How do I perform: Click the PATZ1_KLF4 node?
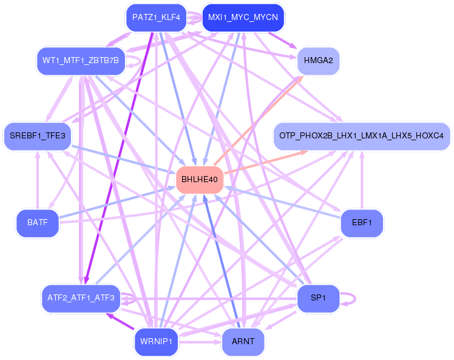click(156, 18)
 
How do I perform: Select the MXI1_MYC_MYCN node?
click(243, 18)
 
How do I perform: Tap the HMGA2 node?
click(318, 61)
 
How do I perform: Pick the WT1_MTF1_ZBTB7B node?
click(81, 61)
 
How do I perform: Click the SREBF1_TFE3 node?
click(38, 136)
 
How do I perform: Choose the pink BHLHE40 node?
click(200, 180)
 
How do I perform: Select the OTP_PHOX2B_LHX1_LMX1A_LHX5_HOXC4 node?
click(362, 136)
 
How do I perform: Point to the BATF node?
click(38, 223)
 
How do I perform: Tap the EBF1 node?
click(362, 223)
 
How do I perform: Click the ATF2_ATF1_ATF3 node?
click(81, 298)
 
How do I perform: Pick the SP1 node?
click(318, 298)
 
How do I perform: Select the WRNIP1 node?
click(156, 342)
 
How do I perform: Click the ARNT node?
click(243, 342)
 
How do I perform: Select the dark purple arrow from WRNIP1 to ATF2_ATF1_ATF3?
click(120, 322)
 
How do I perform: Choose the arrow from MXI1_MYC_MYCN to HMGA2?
click(282, 40)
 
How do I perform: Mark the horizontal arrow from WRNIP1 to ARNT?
click(200, 342)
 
